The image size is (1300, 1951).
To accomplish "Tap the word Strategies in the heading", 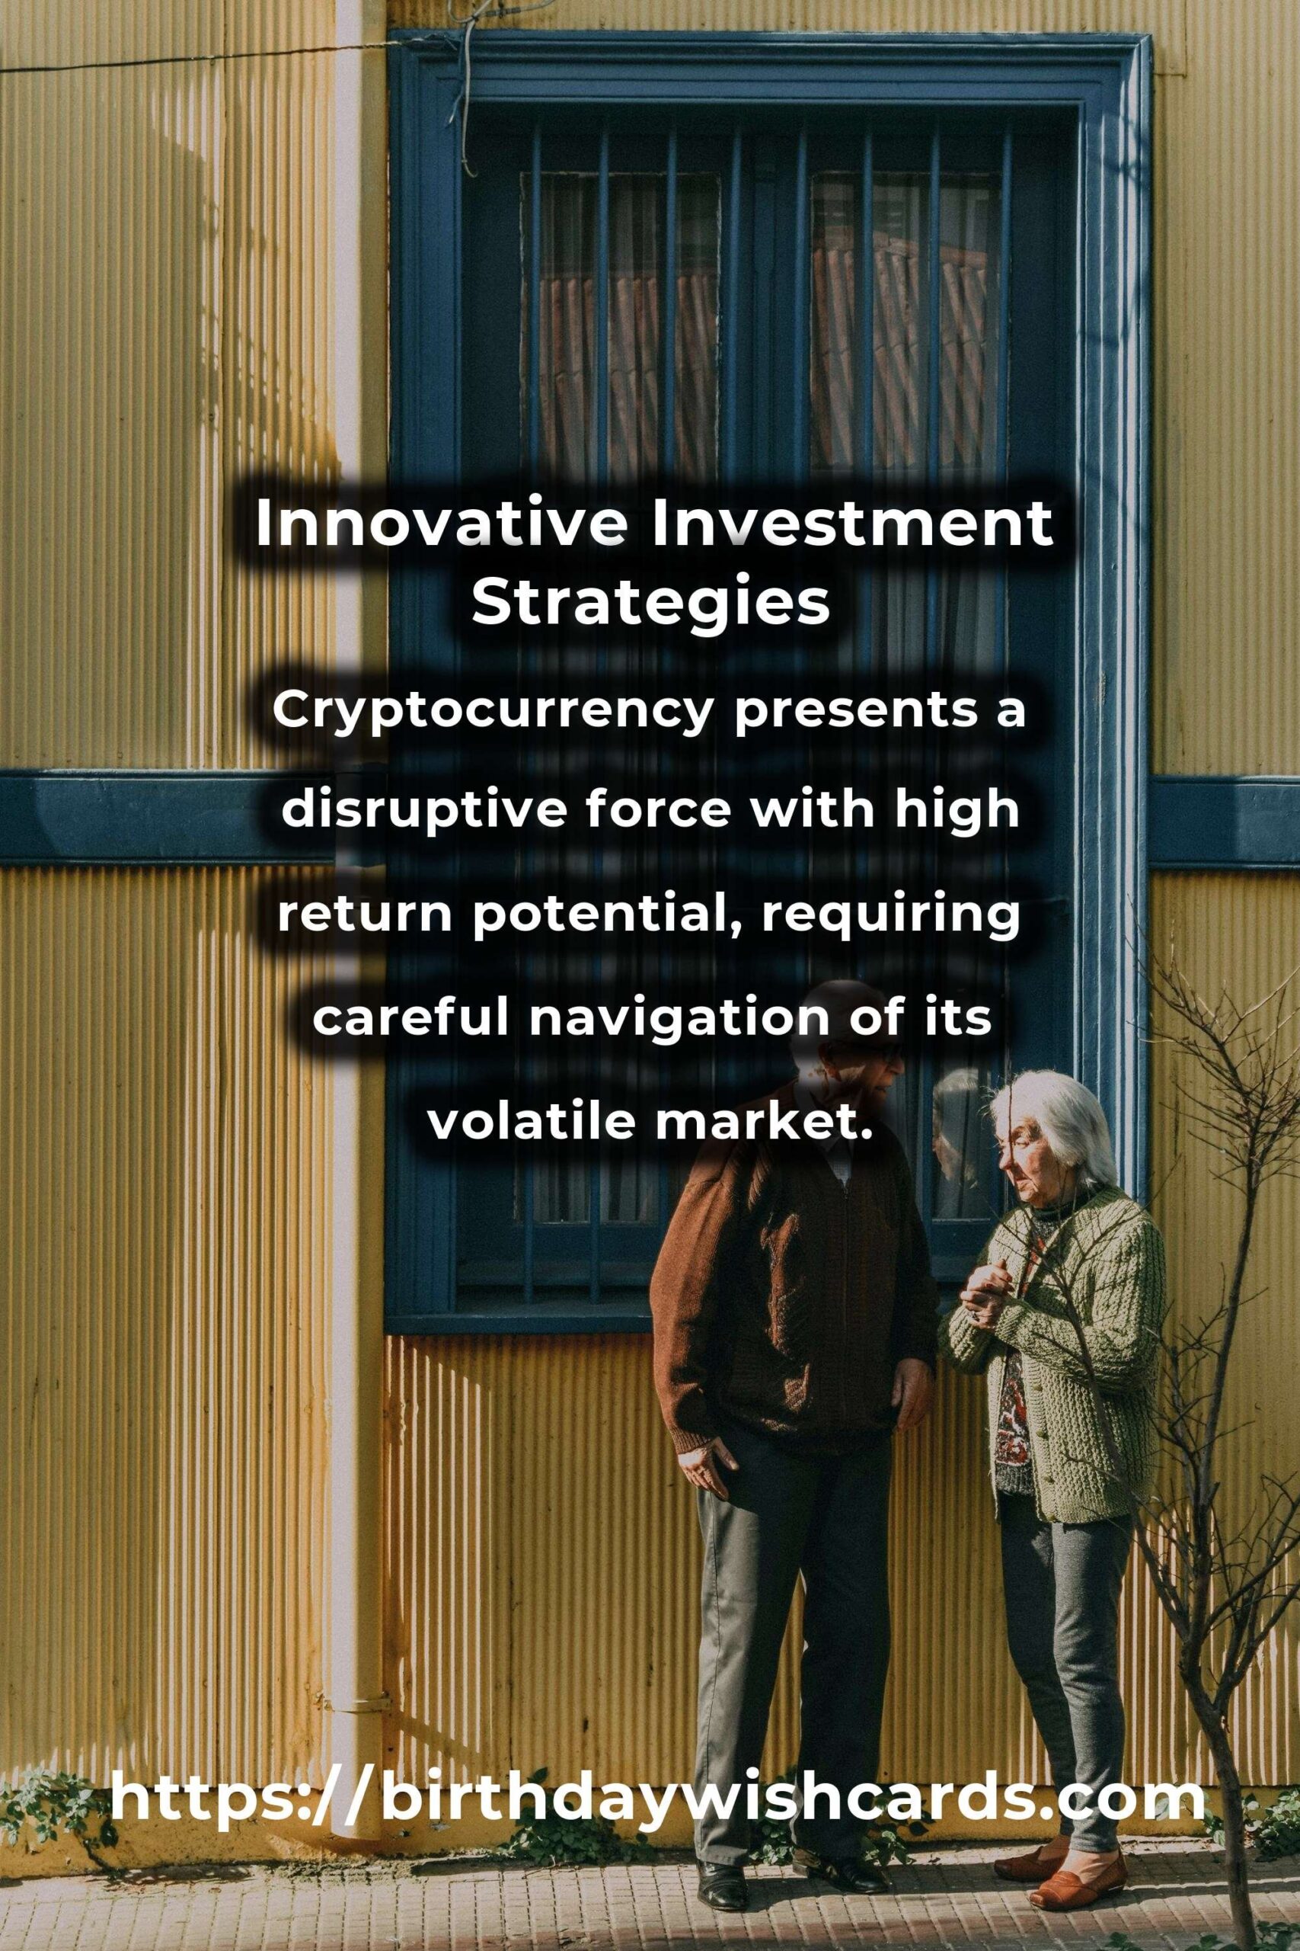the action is pyautogui.click(x=651, y=604).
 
